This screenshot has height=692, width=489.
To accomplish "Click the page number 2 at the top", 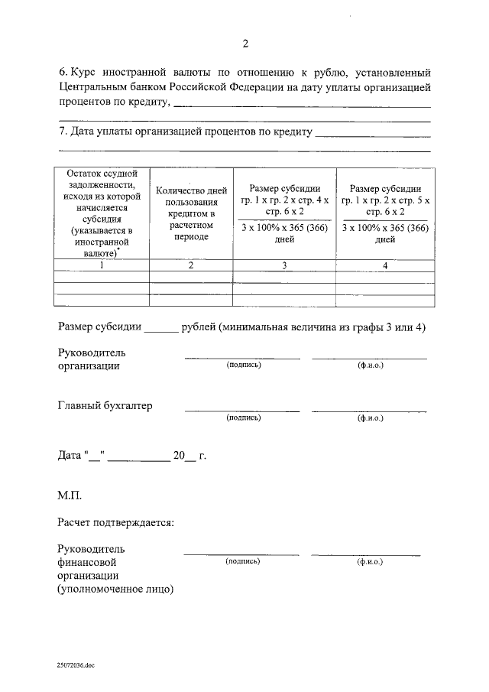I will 244,44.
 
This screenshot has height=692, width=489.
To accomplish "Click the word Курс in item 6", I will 83,73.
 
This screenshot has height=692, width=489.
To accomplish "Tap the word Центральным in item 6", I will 91,88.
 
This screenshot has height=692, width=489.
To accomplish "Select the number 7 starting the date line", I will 61,132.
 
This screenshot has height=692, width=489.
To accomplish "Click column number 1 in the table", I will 102,266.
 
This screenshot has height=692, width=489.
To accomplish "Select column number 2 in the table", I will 191,266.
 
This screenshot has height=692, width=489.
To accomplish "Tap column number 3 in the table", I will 284,266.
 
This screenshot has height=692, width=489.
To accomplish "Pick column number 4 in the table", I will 385,266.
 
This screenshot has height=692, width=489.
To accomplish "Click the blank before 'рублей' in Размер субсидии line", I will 160,328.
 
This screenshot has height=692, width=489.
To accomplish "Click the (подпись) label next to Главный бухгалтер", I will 243,418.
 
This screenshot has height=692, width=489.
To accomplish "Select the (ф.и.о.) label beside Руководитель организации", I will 370,365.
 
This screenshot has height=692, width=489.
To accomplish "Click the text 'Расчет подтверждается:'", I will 115,523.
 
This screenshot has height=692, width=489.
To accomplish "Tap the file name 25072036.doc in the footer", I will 75,666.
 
